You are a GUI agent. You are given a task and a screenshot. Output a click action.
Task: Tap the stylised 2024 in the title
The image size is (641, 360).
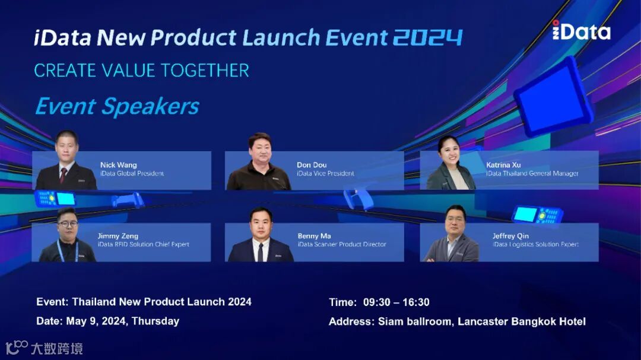[427, 37]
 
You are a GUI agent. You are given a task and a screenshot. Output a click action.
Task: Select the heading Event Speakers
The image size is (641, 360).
[117, 106]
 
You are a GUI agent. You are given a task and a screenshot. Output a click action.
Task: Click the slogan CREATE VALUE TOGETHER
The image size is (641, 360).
[141, 71]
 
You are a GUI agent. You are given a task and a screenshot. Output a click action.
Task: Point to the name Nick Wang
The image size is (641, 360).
[119, 165]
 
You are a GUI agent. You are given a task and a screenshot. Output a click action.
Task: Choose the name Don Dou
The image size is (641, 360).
[312, 165]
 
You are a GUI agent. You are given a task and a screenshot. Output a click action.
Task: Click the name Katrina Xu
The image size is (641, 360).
[503, 165]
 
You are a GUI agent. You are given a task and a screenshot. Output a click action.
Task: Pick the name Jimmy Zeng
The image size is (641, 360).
[118, 236]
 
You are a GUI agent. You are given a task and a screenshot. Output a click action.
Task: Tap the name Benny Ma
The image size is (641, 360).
[314, 236]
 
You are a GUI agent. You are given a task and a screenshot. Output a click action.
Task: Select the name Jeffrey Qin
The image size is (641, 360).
[510, 236]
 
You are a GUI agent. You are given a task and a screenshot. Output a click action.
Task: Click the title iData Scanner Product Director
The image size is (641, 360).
[342, 244]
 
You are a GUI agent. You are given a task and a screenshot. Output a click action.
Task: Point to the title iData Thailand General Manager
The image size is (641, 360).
[532, 173]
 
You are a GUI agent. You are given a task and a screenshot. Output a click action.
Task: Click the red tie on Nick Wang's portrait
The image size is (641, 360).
[64, 176]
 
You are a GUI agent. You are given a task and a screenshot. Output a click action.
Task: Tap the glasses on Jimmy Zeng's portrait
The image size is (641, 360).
[68, 224]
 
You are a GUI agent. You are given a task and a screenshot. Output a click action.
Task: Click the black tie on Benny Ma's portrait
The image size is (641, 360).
[261, 251]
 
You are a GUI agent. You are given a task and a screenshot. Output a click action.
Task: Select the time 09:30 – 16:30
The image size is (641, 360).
[396, 302]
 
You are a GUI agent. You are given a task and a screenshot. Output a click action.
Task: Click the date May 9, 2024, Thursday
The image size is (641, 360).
[123, 321]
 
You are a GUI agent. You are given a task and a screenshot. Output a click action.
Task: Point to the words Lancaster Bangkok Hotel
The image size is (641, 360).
[521, 321]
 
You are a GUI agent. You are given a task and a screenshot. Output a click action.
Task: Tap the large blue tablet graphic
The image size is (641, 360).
[553, 97]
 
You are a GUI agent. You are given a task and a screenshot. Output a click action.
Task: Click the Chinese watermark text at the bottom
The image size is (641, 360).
[57, 349]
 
